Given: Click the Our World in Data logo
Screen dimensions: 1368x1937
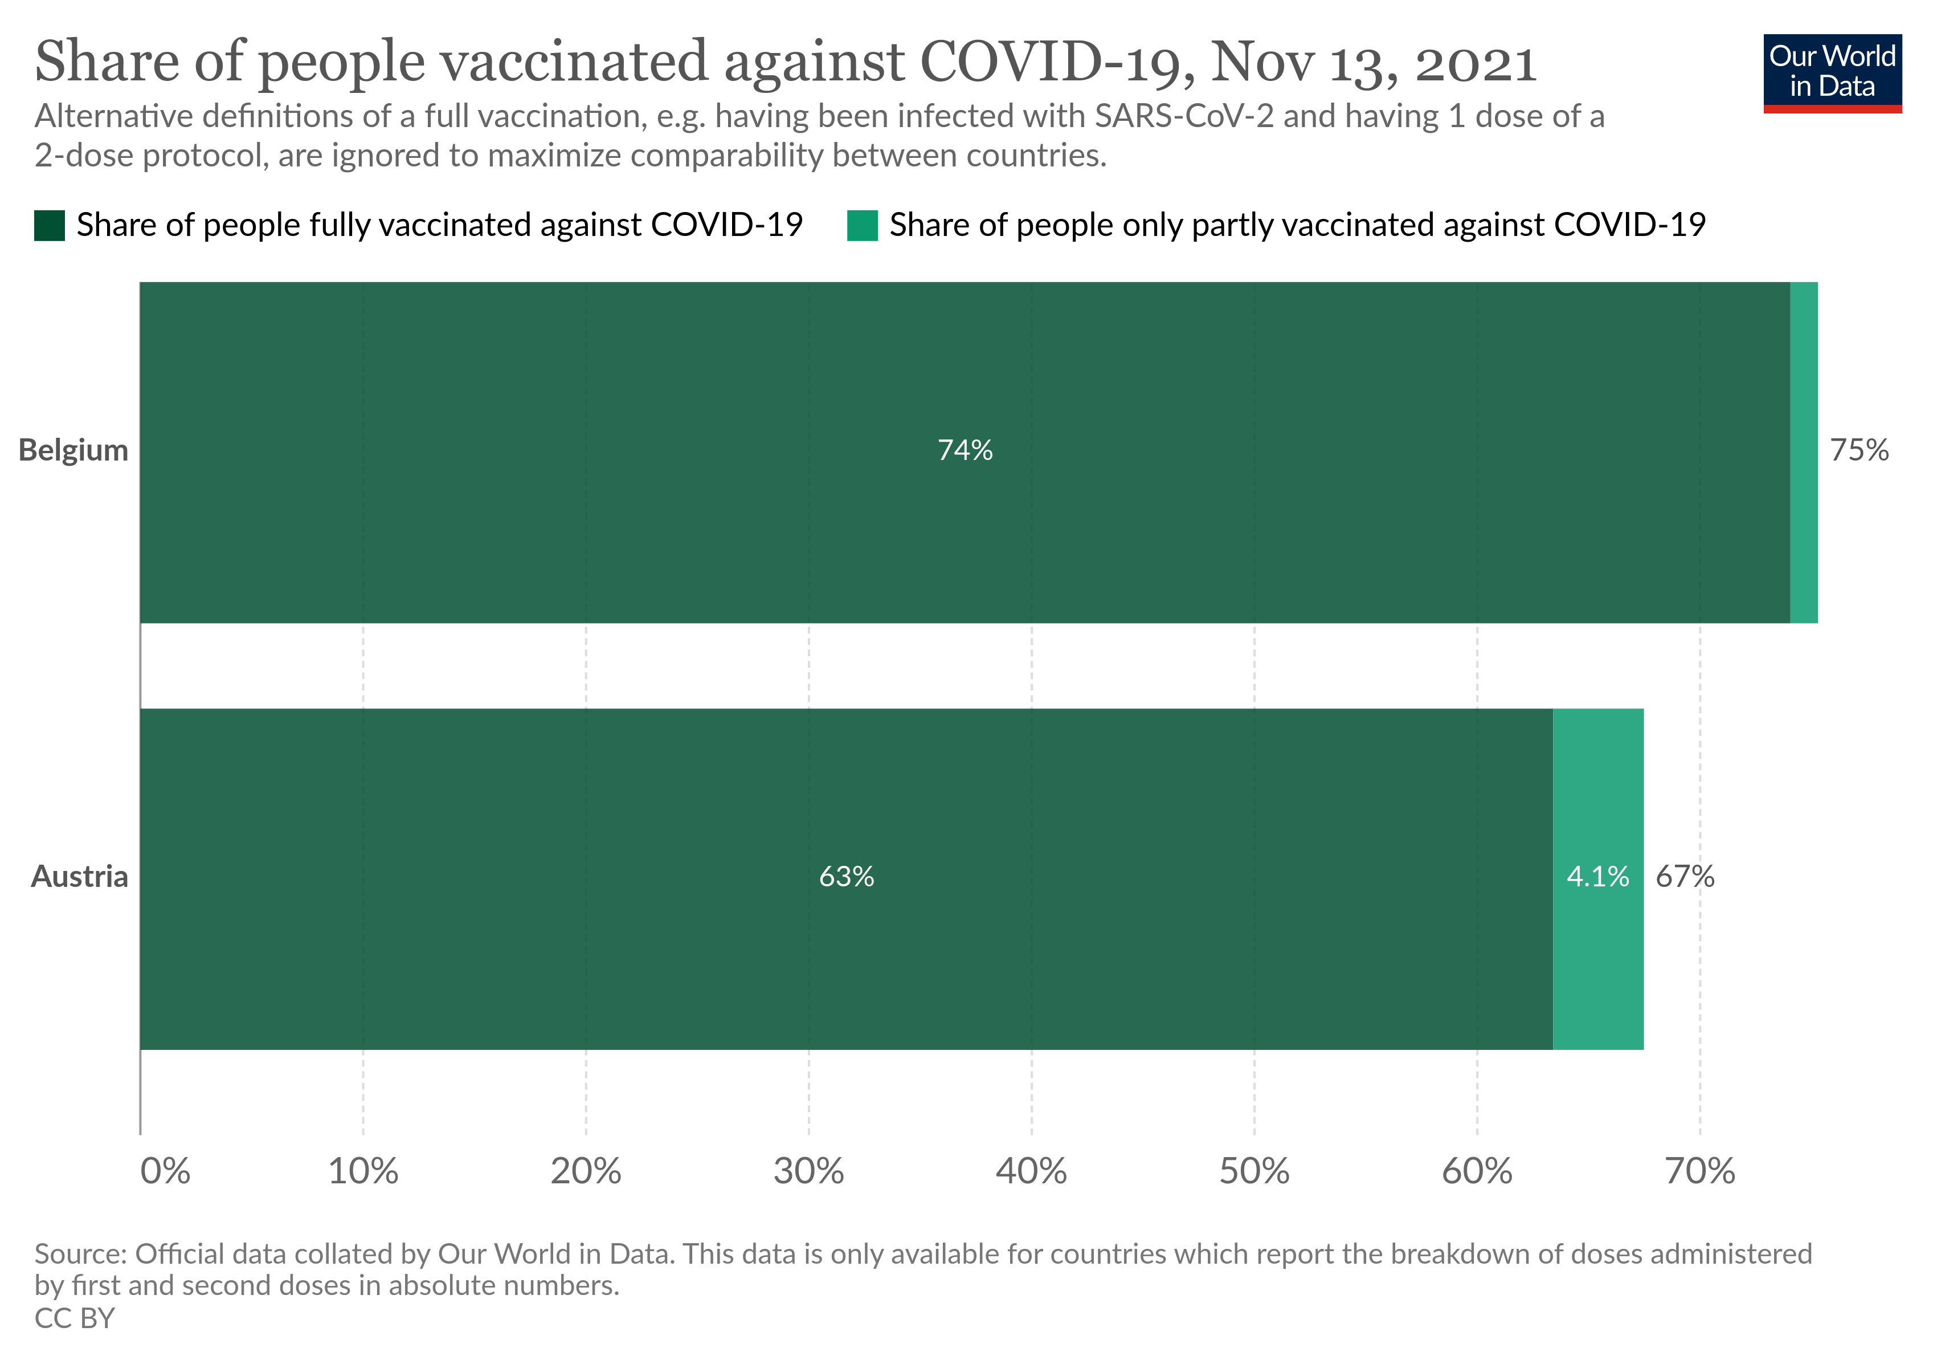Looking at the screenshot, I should pos(1832,72).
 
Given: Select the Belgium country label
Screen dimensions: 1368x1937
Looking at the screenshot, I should pos(73,451).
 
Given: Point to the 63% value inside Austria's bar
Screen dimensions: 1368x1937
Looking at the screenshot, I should pos(846,877).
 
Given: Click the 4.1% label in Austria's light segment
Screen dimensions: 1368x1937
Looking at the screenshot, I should pos(1598,877).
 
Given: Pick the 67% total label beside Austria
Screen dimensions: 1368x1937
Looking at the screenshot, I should pos(1685,877).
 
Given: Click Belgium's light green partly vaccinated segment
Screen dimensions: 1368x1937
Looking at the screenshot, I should pos(1804,453).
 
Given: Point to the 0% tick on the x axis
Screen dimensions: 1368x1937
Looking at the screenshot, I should pos(165,1171).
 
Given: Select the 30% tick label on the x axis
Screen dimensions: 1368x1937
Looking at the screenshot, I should pos(808,1171).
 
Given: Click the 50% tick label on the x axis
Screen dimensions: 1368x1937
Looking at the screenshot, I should pos(1254,1171).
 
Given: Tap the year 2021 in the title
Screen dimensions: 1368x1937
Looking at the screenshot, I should pos(1476,63).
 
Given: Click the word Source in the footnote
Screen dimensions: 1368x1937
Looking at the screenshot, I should pos(80,1254).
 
